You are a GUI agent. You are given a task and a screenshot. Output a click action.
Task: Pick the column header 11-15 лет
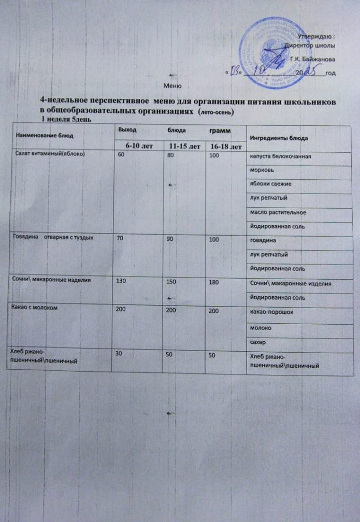(x=183, y=147)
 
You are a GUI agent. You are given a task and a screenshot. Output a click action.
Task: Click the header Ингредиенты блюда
(x=279, y=139)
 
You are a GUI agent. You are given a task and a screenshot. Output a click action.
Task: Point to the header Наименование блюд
(x=45, y=135)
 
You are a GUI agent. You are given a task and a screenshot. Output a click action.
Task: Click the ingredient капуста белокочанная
(x=280, y=156)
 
